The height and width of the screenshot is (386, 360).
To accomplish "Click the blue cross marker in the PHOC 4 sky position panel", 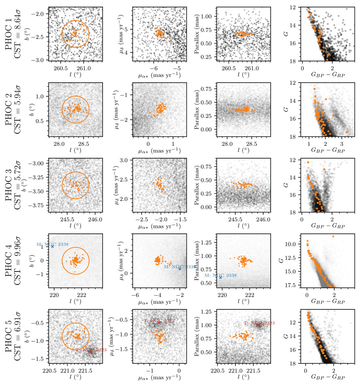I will [x=52, y=246].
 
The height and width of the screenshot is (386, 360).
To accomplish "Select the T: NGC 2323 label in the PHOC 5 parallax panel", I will [x=259, y=323].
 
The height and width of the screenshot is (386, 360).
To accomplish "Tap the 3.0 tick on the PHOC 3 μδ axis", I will [x=125, y=160].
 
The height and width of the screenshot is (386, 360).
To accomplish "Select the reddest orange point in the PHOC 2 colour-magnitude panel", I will [x=346, y=132].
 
